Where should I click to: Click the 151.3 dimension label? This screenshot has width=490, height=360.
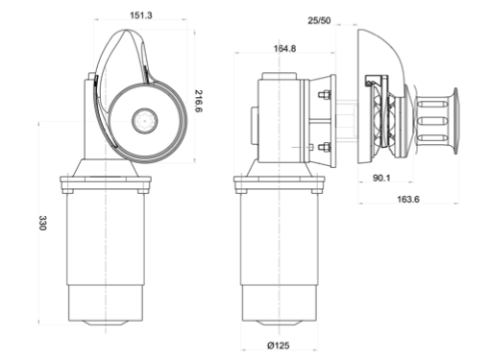pyautogui.click(x=141, y=15)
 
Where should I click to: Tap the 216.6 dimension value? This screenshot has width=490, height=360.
pyautogui.click(x=199, y=101)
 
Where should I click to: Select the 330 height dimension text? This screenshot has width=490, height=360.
pyautogui.click(x=42, y=223)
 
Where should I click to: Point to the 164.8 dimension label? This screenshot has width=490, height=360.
pyautogui.click(x=284, y=49)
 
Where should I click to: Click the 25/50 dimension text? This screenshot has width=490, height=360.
pyautogui.click(x=319, y=20)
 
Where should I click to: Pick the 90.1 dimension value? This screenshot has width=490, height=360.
pyautogui.click(x=381, y=178)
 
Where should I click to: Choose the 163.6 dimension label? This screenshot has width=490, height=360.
pyautogui.click(x=408, y=199)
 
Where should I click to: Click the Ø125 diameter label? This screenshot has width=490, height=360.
pyautogui.click(x=279, y=346)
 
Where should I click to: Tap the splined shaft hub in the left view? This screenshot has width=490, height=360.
pyautogui.click(x=145, y=121)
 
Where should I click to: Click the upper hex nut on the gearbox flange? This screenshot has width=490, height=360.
pyautogui.click(x=325, y=95)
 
